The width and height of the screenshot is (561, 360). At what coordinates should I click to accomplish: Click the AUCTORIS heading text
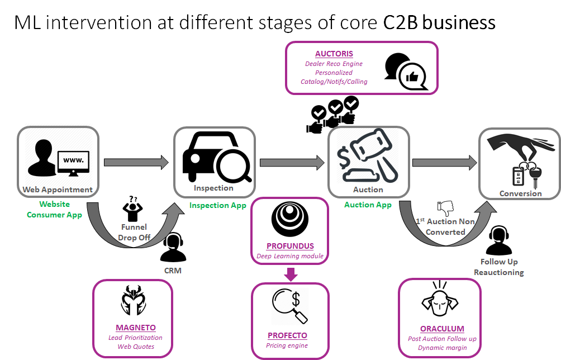334,54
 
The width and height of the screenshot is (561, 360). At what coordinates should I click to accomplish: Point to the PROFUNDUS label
290,245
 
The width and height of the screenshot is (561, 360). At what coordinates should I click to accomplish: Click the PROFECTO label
287,335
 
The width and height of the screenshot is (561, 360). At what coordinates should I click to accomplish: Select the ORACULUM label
442,329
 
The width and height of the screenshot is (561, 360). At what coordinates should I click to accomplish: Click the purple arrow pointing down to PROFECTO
291,274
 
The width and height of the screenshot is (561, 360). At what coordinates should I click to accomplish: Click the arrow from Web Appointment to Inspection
136,163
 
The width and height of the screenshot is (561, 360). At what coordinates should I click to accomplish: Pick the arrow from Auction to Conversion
444,163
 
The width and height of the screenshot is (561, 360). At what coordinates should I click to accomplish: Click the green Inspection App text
217,205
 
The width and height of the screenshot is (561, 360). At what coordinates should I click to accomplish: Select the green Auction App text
368,205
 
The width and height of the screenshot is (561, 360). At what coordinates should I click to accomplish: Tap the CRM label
173,271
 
